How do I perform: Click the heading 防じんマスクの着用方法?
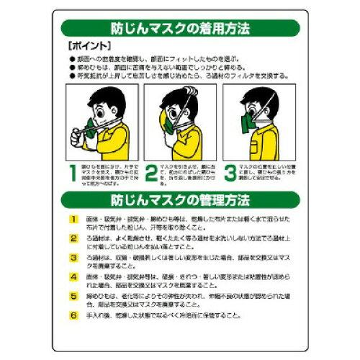pos(180,30)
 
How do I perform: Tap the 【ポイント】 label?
pos(84,45)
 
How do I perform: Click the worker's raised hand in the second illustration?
pos(160,107)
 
